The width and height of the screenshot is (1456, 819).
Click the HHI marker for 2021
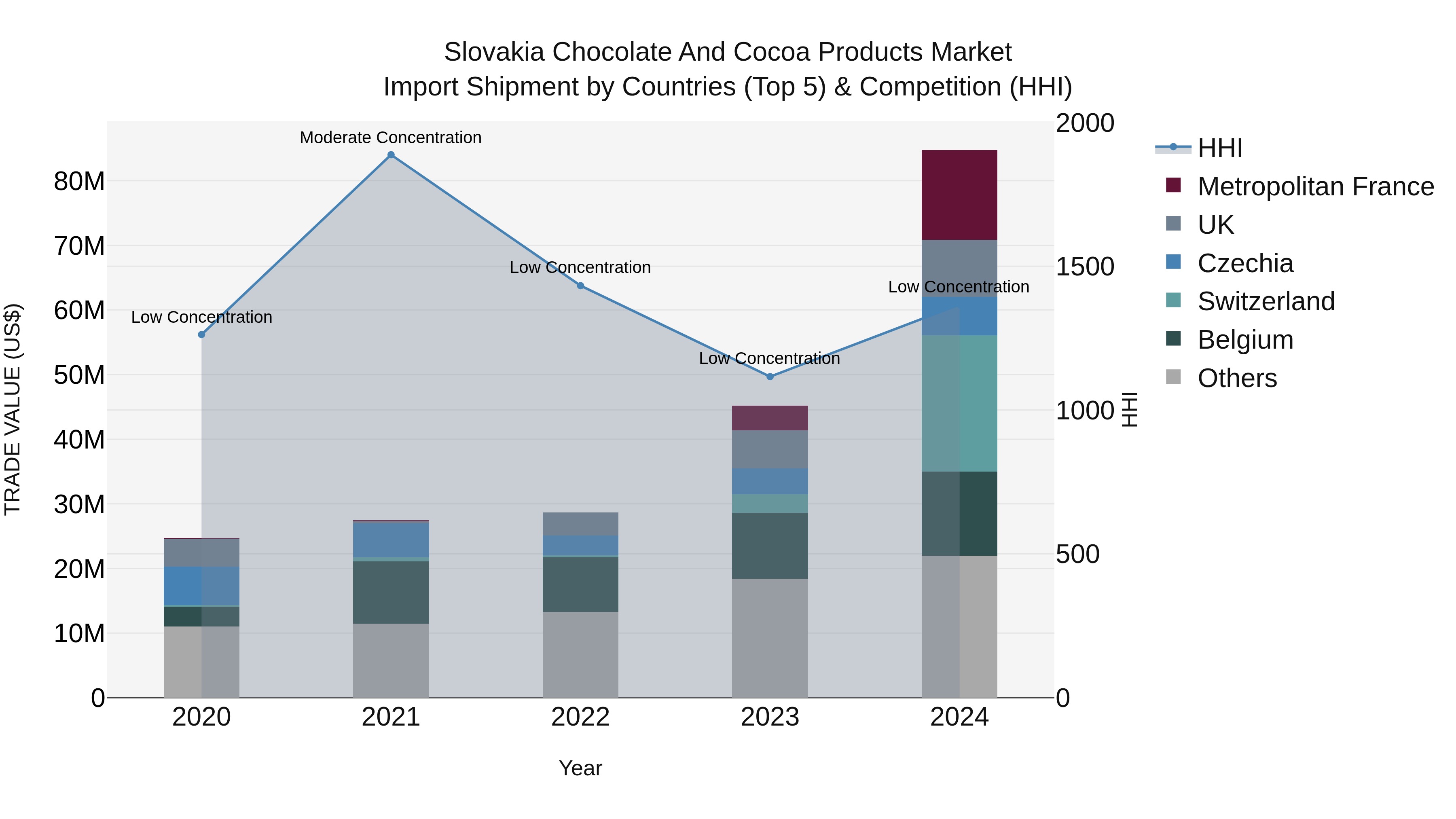(x=391, y=155)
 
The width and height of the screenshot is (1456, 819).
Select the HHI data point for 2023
(x=770, y=377)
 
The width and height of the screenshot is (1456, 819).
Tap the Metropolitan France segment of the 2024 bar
(x=959, y=195)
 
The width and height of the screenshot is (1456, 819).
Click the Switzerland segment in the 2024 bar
(x=959, y=403)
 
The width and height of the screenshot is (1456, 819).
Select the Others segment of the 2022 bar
(x=580, y=654)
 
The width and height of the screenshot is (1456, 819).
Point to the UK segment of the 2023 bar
(x=770, y=449)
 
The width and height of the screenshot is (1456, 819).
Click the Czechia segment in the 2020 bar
(x=201, y=586)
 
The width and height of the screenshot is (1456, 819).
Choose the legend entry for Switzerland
(x=1266, y=301)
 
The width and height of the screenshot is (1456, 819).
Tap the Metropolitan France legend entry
(x=1315, y=186)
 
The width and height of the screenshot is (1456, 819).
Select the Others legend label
(x=1237, y=378)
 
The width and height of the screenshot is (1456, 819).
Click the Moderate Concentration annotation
(x=391, y=138)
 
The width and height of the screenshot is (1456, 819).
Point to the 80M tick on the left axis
(x=79, y=182)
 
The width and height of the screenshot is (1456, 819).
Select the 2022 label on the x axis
(x=580, y=717)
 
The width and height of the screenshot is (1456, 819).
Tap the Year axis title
(x=580, y=768)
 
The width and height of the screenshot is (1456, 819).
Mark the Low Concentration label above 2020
(x=201, y=317)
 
